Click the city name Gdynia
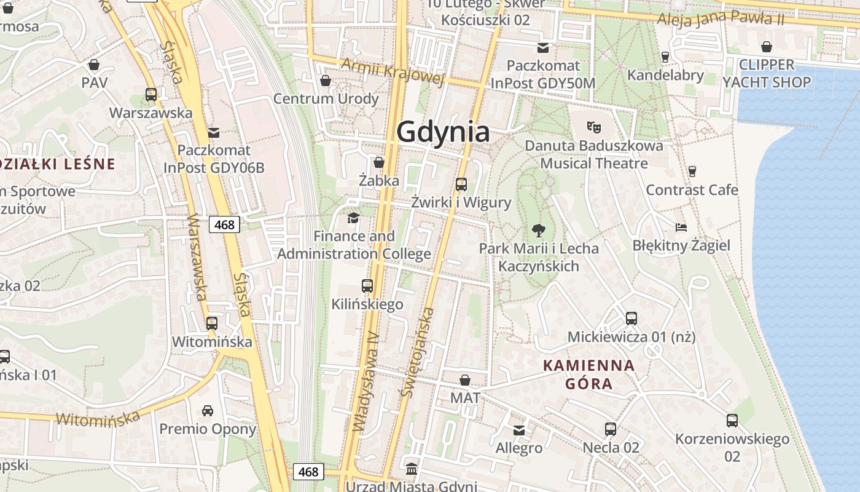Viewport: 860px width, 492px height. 443,132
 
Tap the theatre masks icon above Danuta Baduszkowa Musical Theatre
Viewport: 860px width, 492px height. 593,127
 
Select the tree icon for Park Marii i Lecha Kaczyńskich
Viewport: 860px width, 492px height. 539,231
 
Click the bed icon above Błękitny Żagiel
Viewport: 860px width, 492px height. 681,228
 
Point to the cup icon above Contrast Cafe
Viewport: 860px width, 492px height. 692,171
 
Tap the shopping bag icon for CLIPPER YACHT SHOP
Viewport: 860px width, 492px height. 767,47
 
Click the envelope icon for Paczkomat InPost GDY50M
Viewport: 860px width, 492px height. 543,47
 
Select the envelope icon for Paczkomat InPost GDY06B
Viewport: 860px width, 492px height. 214,132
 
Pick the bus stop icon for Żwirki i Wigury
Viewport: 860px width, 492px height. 461,184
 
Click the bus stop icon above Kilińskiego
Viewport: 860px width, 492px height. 367,286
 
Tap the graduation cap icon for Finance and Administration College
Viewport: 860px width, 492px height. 354,218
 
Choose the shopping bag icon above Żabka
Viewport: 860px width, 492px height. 379,162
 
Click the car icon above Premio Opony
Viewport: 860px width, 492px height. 208,410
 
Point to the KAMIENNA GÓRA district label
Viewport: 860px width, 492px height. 589,375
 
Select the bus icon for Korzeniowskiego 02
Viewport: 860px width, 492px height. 732,421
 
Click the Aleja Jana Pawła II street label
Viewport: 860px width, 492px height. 721,18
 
